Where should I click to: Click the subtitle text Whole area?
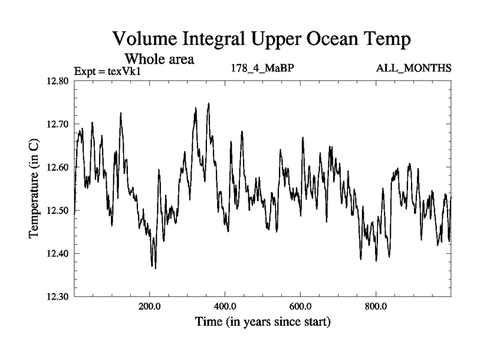pos(159,59)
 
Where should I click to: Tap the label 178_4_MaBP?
pos(262,68)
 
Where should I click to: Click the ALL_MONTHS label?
pos(413,68)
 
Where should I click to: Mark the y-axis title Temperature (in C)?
pos(34,189)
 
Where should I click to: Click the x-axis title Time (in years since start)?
pos(262,322)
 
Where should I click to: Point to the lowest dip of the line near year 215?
pos(155,268)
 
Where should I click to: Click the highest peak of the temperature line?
pos(208,103)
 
